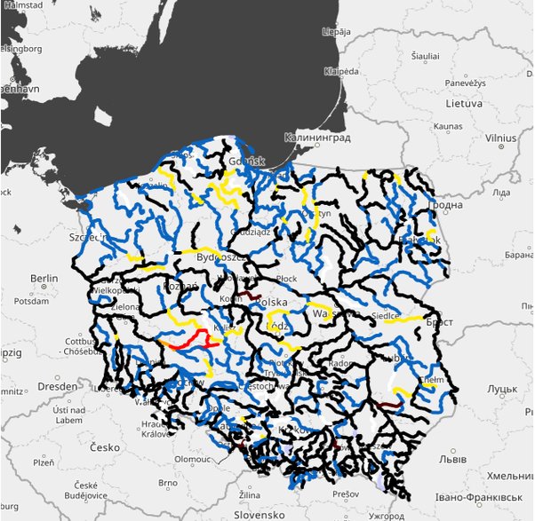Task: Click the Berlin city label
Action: click(x=44, y=279)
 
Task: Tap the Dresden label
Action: click(x=58, y=387)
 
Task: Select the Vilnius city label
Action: click(x=500, y=138)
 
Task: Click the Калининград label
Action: click(x=317, y=138)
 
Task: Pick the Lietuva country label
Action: click(x=464, y=104)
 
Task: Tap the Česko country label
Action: click(x=103, y=447)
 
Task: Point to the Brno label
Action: click(x=168, y=483)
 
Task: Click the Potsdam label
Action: click(x=32, y=302)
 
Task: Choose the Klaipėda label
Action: click(x=341, y=70)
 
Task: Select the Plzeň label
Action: click(x=43, y=462)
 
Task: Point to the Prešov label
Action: click(x=347, y=493)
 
